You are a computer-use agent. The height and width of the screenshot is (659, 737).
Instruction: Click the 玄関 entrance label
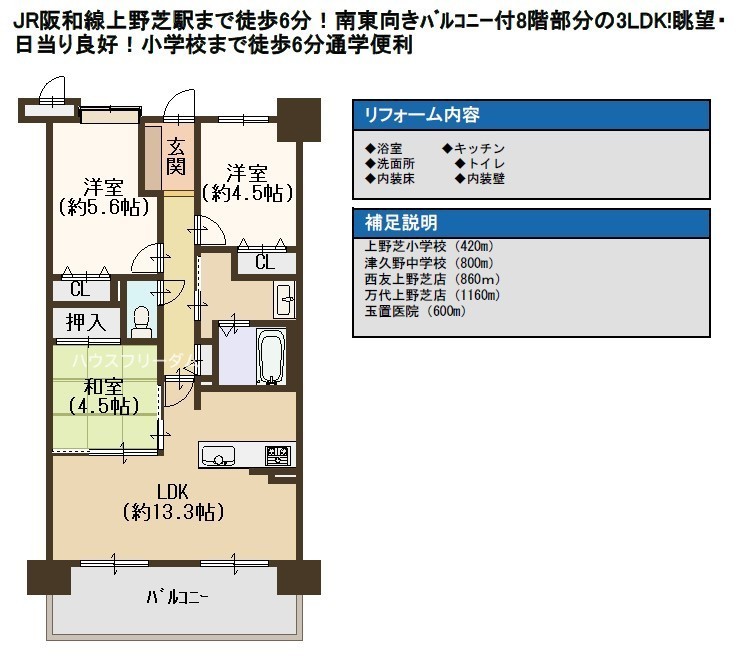tap(176, 157)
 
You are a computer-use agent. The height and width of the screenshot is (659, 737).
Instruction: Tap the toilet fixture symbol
tap(141, 322)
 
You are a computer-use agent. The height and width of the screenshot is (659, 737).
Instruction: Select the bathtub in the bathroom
tap(271, 357)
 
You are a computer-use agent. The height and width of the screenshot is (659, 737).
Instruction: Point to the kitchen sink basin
tap(218, 455)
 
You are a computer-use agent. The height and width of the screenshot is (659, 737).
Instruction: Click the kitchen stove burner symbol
tap(278, 455)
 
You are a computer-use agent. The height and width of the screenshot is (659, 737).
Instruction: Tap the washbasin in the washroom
tap(284, 299)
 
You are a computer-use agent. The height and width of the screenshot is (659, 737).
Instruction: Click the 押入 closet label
tap(86, 322)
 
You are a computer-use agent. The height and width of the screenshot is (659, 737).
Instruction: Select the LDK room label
tap(172, 492)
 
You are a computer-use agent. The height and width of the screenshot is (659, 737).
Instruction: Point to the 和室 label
tap(103, 386)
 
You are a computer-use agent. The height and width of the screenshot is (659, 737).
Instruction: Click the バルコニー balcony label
tap(177, 597)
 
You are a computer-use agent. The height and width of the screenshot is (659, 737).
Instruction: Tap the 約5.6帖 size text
tap(104, 207)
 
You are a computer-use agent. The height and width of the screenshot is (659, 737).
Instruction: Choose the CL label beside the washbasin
tap(265, 262)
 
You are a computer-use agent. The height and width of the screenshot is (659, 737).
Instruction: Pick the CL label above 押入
tap(79, 289)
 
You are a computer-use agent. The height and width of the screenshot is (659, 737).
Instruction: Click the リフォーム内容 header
tap(422, 115)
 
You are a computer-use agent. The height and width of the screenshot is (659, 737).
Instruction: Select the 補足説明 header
tap(401, 222)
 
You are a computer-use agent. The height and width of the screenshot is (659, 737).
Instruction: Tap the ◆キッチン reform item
tap(473, 149)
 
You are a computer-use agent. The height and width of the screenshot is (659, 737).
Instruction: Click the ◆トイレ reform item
tap(480, 164)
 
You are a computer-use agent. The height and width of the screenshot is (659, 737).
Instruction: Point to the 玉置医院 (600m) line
tap(415, 311)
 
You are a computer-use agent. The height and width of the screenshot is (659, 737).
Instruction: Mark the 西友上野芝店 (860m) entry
tap(432, 279)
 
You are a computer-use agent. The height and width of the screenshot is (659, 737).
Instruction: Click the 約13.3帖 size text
tap(173, 512)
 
